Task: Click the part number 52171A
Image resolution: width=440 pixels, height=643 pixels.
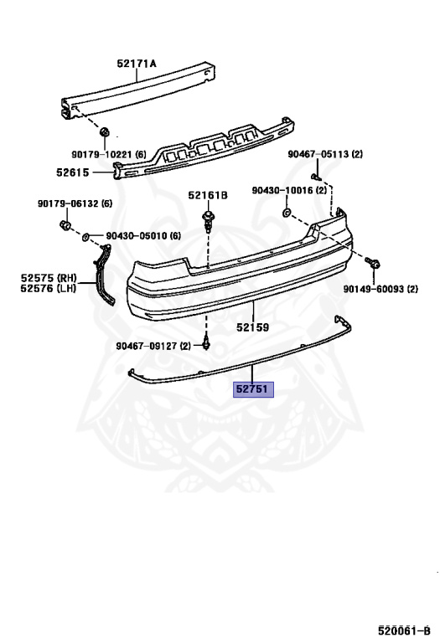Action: click(137, 64)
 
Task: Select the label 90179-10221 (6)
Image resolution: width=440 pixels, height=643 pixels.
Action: click(109, 155)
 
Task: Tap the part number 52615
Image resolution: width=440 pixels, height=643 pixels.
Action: click(73, 172)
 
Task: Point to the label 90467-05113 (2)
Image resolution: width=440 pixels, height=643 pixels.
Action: click(325, 154)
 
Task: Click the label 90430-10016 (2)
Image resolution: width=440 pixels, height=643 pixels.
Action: click(289, 190)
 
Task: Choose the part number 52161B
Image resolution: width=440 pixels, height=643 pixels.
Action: click(208, 195)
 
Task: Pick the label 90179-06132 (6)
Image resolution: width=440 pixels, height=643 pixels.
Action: click(75, 203)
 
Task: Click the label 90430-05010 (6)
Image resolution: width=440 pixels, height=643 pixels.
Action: click(143, 236)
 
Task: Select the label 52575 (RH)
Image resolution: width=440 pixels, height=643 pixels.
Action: click(49, 279)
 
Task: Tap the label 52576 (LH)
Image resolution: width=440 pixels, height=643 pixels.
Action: click(49, 289)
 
